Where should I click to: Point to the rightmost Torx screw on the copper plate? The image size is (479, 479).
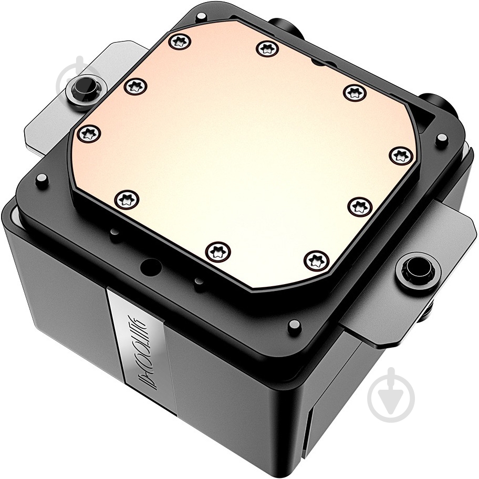pos(401,155)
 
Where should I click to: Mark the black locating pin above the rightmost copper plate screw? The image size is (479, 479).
pos(442,138)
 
